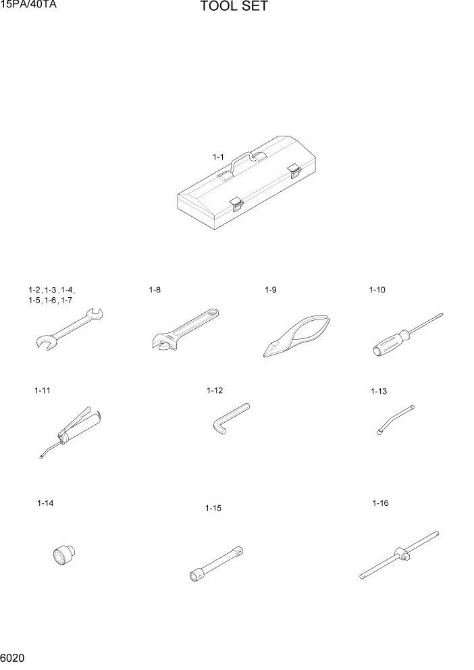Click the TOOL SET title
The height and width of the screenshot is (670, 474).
tap(234, 7)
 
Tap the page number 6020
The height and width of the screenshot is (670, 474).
tap(14, 657)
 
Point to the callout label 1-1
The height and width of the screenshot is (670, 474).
tap(218, 157)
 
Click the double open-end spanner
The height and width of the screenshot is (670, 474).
tap(67, 329)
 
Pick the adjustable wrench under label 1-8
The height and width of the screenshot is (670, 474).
tap(184, 329)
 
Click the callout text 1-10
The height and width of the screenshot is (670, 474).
tap(377, 290)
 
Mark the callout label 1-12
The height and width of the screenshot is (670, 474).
tap(215, 390)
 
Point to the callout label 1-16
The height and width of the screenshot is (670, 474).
tap(380, 503)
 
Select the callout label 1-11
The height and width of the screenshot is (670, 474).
tap(43, 390)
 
